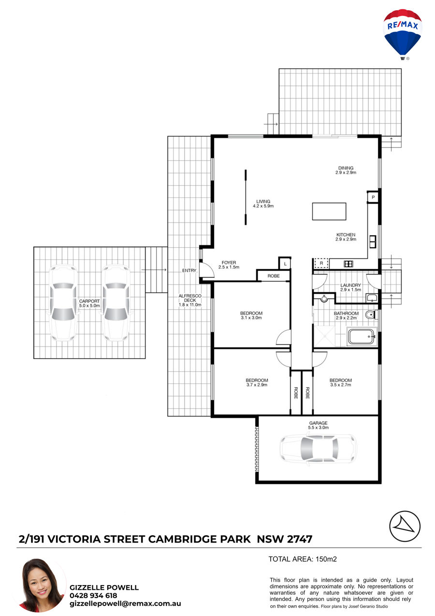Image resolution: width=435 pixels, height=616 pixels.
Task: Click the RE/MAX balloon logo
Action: (x=402, y=35)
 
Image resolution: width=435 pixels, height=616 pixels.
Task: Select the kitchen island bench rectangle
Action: (x=329, y=211)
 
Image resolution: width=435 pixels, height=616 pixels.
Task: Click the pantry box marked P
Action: (x=373, y=197)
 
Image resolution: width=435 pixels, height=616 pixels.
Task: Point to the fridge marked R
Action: (x=321, y=263)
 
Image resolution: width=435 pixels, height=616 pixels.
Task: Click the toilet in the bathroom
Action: (x=371, y=315)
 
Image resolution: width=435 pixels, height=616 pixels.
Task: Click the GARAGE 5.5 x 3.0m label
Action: (x=319, y=425)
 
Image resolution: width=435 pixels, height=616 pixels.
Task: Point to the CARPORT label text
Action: (x=89, y=301)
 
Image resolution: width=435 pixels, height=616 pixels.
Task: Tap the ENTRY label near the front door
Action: (x=189, y=270)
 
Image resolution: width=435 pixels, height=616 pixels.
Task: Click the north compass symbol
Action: (x=405, y=526)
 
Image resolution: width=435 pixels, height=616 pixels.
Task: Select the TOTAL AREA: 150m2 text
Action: (x=303, y=559)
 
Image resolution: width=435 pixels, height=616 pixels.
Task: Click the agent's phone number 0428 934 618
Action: (x=93, y=595)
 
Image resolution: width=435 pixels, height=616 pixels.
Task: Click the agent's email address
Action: (x=125, y=603)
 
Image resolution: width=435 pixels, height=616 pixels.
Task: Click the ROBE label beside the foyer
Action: (x=274, y=276)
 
